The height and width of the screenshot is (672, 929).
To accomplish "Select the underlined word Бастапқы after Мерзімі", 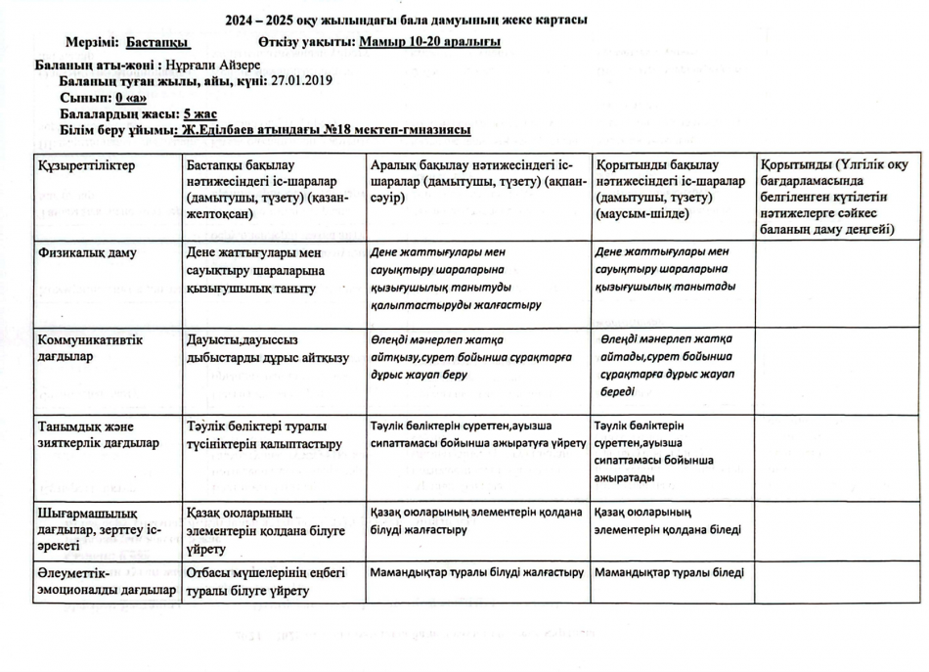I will [157, 42].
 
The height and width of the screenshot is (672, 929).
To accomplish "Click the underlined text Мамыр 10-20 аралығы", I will [430, 42].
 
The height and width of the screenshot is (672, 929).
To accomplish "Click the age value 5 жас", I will [199, 113].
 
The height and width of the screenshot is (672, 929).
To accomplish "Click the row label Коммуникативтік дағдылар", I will [90, 348].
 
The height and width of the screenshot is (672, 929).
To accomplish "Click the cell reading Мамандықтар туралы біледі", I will [669, 572].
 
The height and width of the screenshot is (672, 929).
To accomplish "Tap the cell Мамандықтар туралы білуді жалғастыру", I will [477, 572].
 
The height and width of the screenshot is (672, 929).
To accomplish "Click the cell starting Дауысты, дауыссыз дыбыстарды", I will [267, 348].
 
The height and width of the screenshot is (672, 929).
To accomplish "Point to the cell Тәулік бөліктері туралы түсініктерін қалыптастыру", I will [264, 434].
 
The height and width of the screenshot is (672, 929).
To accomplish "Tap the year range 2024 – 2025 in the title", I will [266, 20].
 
